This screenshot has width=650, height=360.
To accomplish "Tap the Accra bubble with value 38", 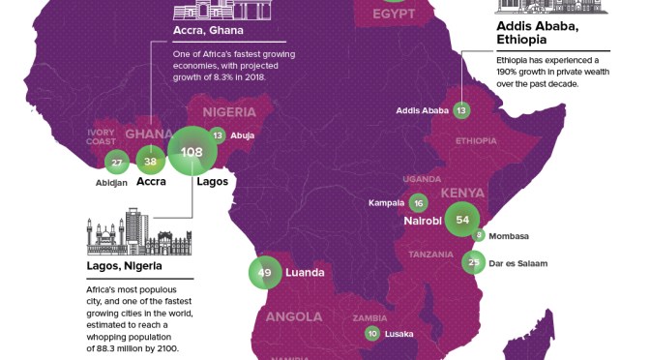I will click(150, 161).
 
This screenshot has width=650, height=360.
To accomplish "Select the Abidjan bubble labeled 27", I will click(117, 162).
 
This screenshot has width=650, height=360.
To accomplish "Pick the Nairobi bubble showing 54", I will click(461, 221).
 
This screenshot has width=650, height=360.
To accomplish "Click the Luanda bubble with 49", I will click(265, 274).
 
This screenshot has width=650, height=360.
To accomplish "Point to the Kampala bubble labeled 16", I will click(418, 202).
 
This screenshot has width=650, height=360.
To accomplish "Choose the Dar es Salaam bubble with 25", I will click(473, 261).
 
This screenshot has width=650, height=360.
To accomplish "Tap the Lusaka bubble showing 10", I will click(373, 334).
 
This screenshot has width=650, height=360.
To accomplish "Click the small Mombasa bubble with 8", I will click(478, 235).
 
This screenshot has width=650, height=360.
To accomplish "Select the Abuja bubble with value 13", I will click(218, 135).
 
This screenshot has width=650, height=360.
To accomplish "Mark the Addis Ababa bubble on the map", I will click(461, 110).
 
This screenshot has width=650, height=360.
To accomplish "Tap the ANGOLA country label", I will click(294, 317).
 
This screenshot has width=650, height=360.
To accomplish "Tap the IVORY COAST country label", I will click(102, 136).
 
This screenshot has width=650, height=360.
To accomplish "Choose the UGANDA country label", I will click(422, 179).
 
